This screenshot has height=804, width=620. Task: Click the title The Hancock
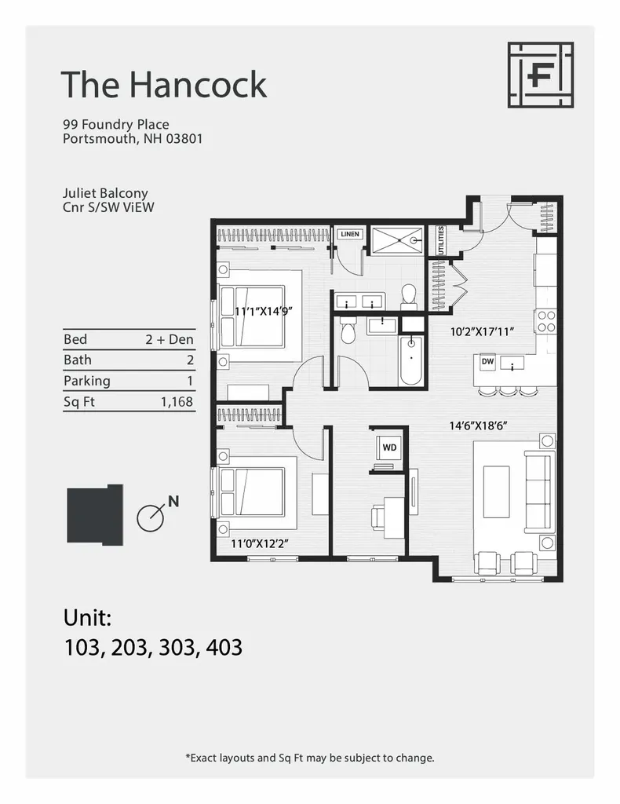click(x=163, y=84)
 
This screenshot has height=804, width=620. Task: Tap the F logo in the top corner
click(x=540, y=75)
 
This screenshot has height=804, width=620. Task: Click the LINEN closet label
click(x=349, y=234)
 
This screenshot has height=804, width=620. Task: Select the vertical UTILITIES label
click(x=440, y=240)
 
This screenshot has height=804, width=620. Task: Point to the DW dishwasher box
click(x=487, y=362)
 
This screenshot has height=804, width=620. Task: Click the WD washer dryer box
click(x=389, y=448)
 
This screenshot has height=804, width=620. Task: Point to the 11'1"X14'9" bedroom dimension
click(x=264, y=311)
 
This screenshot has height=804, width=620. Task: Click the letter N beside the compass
click(x=173, y=501)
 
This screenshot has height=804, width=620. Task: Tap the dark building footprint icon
click(x=94, y=514)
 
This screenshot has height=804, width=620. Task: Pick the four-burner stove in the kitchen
click(x=545, y=321)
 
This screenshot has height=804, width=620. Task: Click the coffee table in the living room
click(x=496, y=492)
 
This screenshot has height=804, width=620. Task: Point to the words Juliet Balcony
click(x=105, y=192)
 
